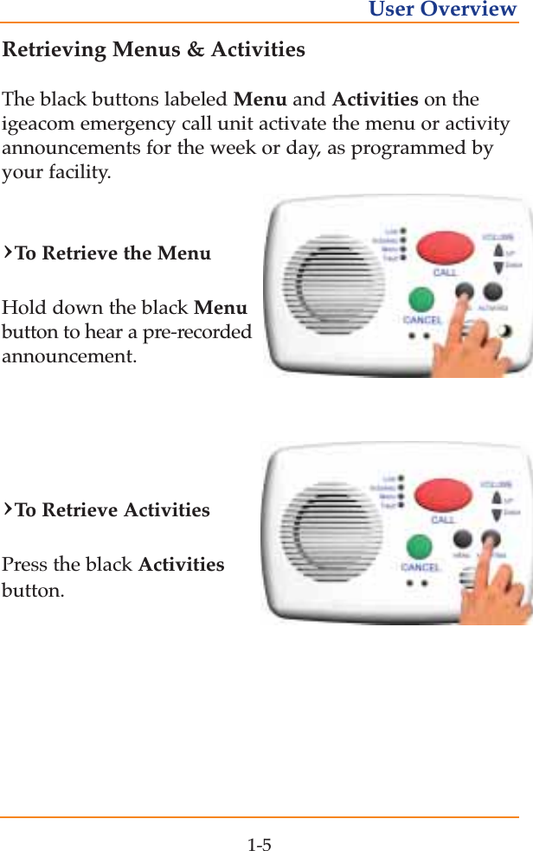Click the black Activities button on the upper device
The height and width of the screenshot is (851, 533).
492,291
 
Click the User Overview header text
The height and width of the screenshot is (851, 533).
442,10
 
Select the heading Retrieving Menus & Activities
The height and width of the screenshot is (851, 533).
154,49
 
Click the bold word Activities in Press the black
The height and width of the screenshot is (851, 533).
181,565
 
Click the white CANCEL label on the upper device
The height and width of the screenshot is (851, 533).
422,319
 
